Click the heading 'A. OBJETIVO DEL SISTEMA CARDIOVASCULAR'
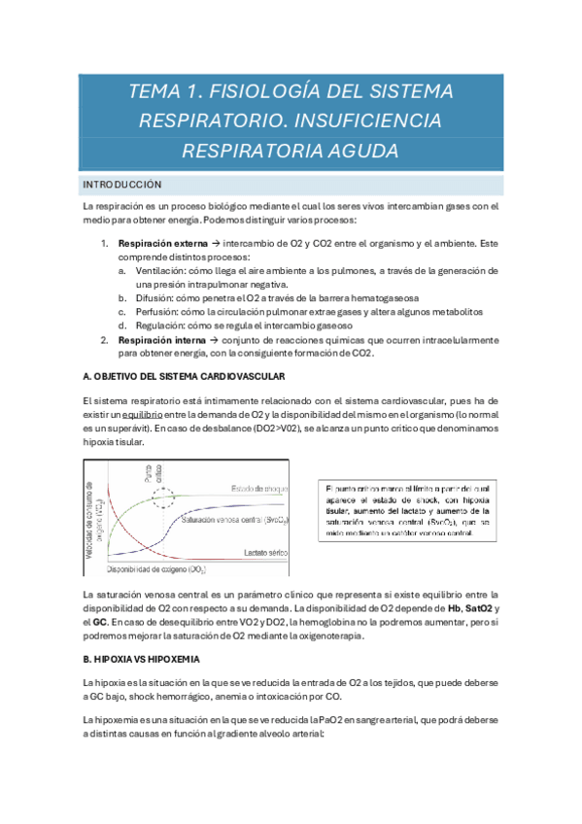coord(184,376)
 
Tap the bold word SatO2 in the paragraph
coord(468,607)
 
